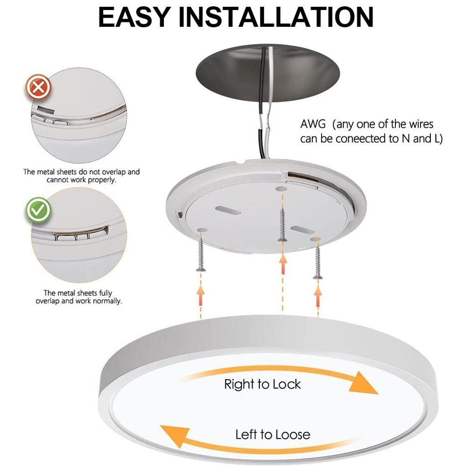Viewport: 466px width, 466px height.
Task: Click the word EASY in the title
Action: (135, 17)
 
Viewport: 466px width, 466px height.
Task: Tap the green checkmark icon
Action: (38, 210)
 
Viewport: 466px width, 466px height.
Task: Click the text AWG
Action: (313, 124)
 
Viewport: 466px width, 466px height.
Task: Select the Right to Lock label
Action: (263, 384)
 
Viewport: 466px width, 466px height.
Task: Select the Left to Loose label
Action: (273, 435)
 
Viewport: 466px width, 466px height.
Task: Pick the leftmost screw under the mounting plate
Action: (201, 252)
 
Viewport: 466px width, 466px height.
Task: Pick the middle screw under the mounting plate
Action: (282, 225)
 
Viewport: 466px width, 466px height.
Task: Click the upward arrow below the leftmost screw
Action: (201, 295)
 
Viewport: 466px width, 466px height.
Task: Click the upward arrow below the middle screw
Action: (283, 263)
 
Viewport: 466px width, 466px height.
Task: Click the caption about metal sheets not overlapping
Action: (81, 176)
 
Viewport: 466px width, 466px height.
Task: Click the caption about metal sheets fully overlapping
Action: (78, 297)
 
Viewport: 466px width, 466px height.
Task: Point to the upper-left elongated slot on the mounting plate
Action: (228, 211)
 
